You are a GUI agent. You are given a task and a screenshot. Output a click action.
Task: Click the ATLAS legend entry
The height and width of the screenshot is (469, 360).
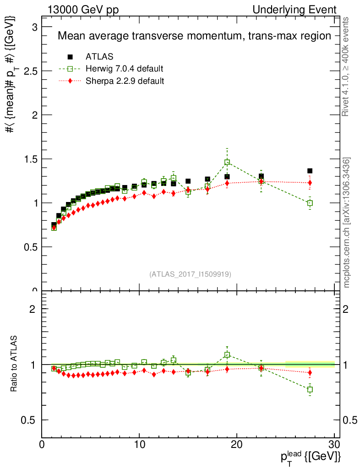pyautogui.click(x=99, y=57)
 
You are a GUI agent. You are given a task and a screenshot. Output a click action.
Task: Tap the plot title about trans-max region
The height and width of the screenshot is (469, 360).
pyautogui.click(x=194, y=36)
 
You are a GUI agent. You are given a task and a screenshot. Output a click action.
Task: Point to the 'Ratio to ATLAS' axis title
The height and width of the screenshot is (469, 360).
pyautogui.click(x=14, y=365)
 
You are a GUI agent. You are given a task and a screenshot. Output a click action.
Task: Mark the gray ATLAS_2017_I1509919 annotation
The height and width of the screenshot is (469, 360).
pyautogui.click(x=190, y=274)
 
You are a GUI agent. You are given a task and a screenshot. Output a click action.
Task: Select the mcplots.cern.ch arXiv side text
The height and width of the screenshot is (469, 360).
pyautogui.click(x=347, y=223)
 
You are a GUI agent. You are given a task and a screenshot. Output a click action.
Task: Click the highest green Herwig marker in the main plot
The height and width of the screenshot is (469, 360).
pyautogui.click(x=227, y=162)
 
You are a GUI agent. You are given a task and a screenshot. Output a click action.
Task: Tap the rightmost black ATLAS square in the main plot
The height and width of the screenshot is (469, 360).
pyautogui.click(x=310, y=171)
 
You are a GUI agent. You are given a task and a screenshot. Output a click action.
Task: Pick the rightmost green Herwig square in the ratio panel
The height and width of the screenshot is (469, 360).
pyautogui.click(x=310, y=389)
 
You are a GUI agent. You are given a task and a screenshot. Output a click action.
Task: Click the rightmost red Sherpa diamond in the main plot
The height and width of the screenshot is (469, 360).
pyautogui.click(x=310, y=183)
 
